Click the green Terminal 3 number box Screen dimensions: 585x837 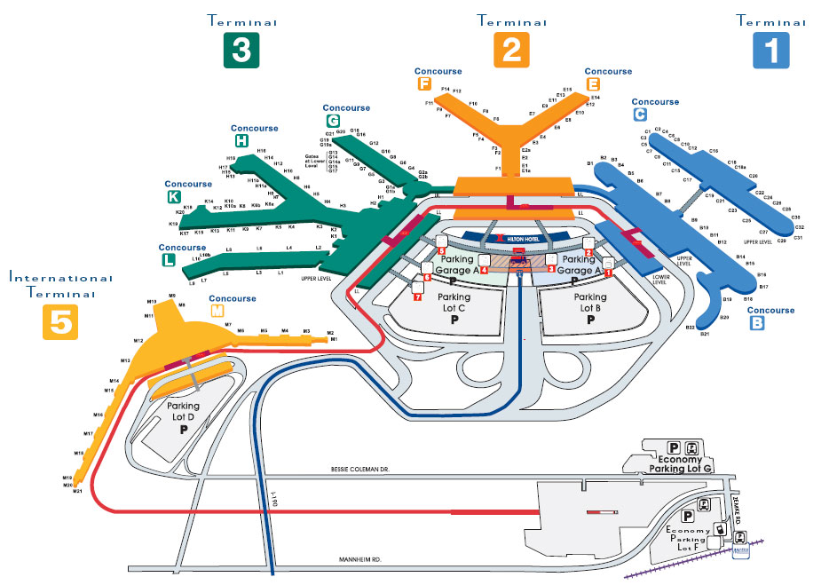[241, 50]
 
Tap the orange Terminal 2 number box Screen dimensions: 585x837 [511, 50]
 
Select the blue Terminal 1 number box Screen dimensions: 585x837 [770, 50]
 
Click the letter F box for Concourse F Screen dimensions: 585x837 [423, 84]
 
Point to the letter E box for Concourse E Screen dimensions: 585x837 [593, 84]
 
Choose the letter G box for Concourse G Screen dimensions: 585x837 [333, 121]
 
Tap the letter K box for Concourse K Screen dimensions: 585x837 [172, 198]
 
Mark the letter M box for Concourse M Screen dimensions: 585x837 [217, 312]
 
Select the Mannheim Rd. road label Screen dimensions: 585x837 [361, 560]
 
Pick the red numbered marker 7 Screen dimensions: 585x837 [417, 296]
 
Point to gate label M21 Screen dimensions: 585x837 [77, 491]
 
